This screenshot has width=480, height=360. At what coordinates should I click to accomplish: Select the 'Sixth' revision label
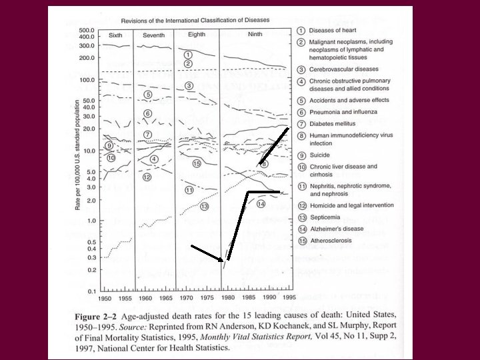pos(115,34)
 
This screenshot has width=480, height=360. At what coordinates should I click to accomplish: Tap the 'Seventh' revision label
pos(154,34)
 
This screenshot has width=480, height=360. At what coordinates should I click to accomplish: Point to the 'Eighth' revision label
pos(197,34)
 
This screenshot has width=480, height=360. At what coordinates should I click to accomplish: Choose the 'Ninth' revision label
pos(255,34)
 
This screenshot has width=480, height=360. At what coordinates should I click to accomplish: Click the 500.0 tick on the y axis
pos(88,31)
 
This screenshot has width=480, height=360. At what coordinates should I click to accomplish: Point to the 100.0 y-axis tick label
pos(88,81)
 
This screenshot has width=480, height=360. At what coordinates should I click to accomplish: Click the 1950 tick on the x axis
pos(103,299)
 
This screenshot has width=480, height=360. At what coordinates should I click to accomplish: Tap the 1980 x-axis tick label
pos(227,299)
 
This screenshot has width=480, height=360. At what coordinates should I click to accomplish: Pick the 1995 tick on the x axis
pos(287,299)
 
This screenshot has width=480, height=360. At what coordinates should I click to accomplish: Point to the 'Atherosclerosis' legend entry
pos(329,240)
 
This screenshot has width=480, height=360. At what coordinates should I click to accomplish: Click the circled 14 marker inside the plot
pos(261,203)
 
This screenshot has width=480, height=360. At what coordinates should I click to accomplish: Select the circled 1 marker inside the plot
pos(188,54)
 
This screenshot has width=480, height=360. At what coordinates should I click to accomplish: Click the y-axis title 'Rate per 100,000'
pos(77,164)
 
